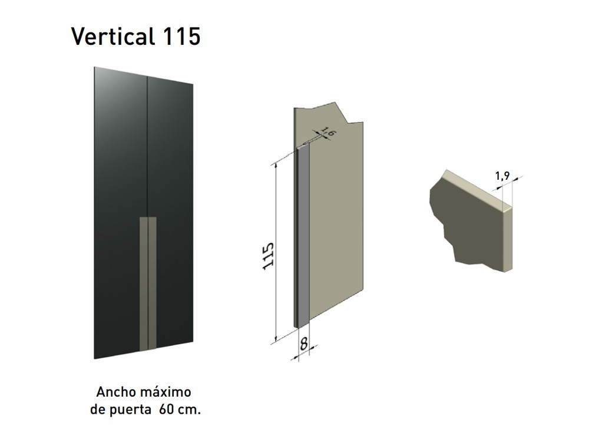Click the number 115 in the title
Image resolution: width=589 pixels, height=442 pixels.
click(179, 37)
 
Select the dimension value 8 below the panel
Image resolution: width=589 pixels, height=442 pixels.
click(304, 344)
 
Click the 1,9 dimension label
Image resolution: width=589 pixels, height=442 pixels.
click(502, 175)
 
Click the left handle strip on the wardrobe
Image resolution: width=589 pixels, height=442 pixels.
click(143, 283)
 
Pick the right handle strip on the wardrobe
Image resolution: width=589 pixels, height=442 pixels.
click(153, 283)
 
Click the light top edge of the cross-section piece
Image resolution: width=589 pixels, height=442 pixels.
click(477, 189)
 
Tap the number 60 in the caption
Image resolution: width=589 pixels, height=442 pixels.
click(166, 410)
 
